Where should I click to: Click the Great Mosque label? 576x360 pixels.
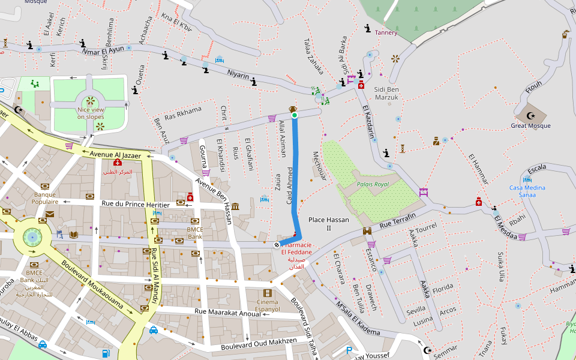530,126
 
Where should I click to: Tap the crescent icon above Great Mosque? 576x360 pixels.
530,116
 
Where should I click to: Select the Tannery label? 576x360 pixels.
386,32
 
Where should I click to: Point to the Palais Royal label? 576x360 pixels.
373,184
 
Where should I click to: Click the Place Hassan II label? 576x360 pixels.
328,224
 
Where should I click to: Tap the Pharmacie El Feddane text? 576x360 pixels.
296,248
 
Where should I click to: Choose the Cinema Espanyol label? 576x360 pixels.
268,305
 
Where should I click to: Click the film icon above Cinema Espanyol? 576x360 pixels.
268,293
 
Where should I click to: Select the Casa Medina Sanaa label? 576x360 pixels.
527,191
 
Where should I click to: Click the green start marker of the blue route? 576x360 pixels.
295,115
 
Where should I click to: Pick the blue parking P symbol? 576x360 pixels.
349,350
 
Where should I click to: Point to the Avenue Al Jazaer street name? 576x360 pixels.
116,155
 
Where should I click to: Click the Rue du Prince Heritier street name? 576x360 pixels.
136,205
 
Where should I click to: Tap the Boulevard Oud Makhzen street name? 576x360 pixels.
259,344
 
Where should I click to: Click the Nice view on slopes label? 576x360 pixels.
91,113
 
